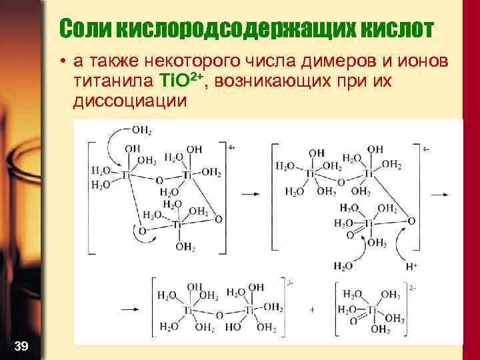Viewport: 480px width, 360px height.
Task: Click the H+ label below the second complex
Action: point(411,266)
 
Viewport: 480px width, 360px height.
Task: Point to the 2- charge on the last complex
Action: point(413,289)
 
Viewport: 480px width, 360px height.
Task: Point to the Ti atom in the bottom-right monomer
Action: point(372,310)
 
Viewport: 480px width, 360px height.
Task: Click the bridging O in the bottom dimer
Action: point(219,314)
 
